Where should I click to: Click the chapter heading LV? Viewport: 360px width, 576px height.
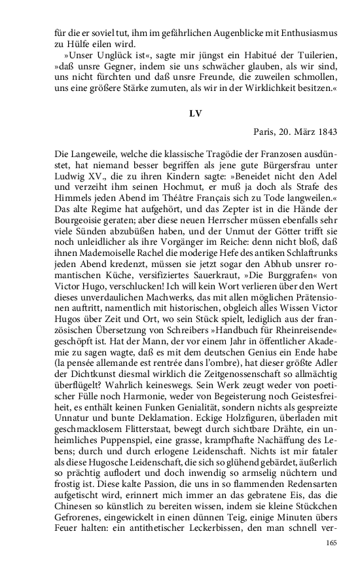click(194, 113)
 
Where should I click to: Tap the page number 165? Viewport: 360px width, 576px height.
click(331, 561)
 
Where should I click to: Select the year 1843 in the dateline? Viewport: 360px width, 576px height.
click(325, 132)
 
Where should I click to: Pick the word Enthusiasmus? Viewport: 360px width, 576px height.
click(306, 30)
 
